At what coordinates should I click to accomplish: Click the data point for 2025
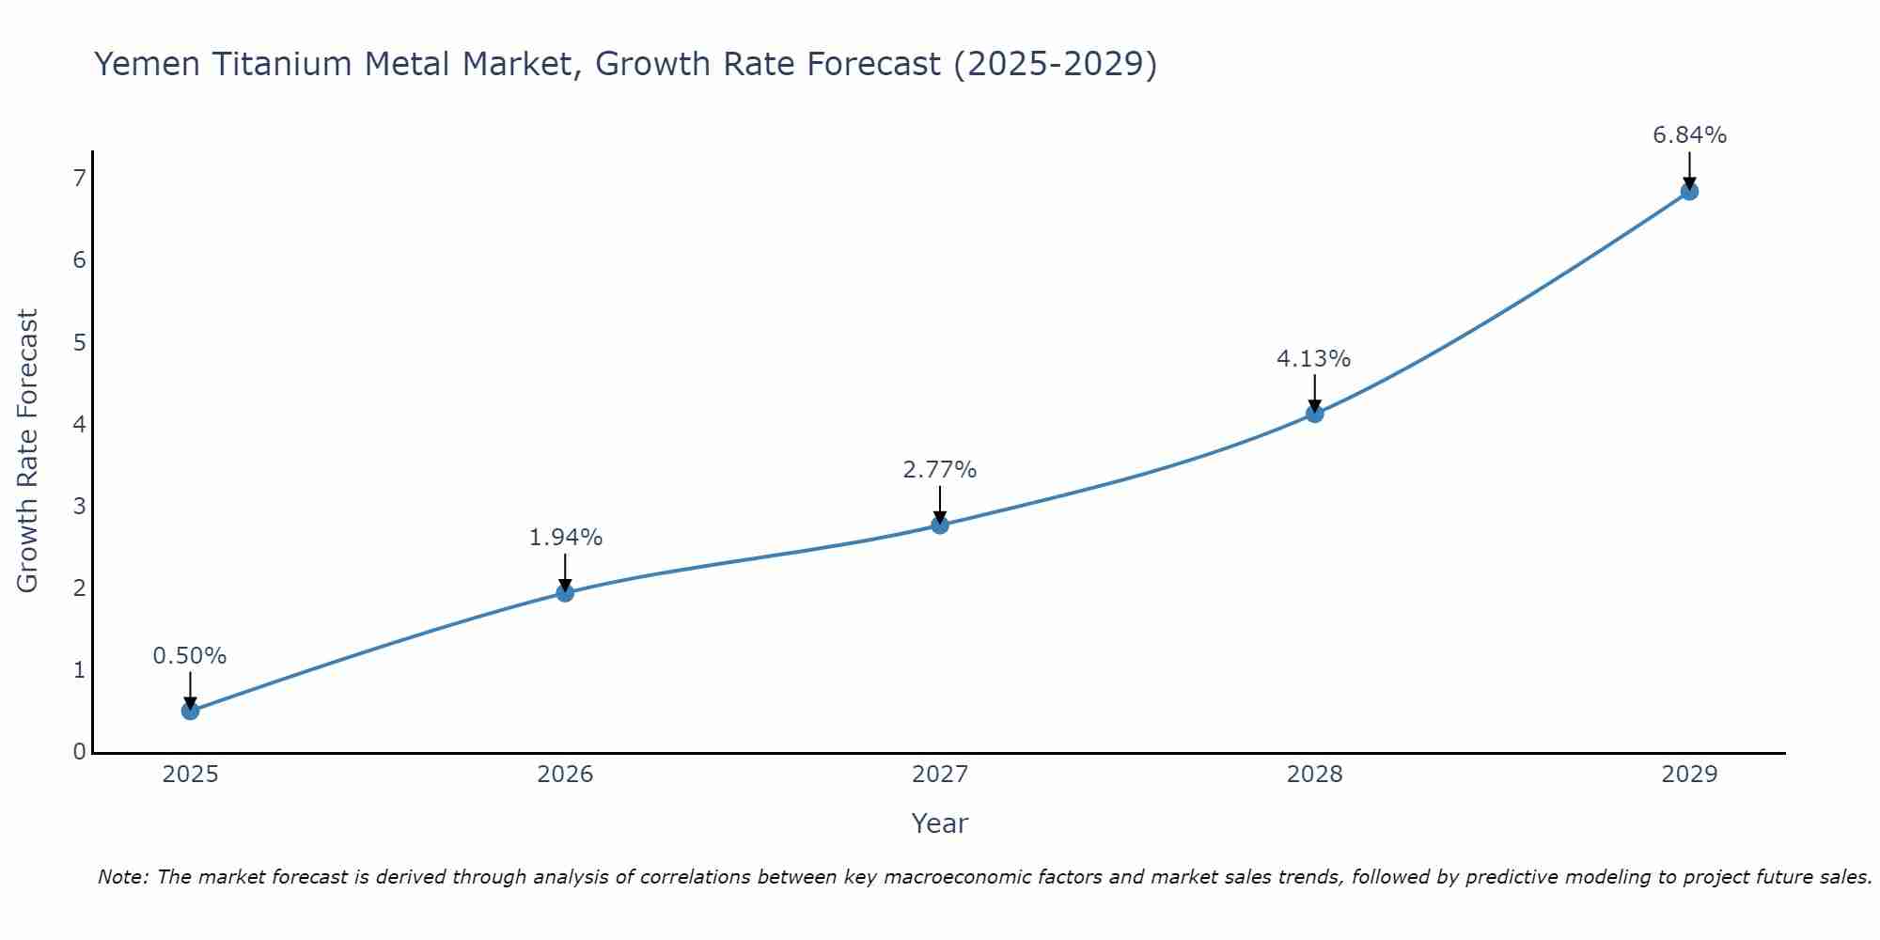pyautogui.click(x=190, y=711)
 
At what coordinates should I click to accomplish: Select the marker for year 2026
pyautogui.click(x=565, y=592)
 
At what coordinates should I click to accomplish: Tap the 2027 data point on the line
pyautogui.click(x=940, y=525)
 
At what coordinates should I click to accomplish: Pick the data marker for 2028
pyautogui.click(x=1314, y=414)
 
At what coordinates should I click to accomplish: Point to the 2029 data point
pyautogui.click(x=1689, y=192)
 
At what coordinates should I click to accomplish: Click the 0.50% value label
pyautogui.click(x=190, y=656)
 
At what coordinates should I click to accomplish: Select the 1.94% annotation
pyautogui.click(x=565, y=538)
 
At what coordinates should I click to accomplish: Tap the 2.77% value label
pyautogui.click(x=940, y=470)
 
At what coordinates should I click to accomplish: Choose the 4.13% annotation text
pyautogui.click(x=1313, y=359)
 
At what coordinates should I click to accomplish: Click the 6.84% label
pyautogui.click(x=1689, y=135)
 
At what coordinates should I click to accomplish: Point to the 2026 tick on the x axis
pyautogui.click(x=565, y=775)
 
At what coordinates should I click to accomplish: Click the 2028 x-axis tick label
pyautogui.click(x=1314, y=775)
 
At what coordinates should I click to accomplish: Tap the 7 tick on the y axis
pyautogui.click(x=79, y=178)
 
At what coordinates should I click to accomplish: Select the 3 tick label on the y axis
pyautogui.click(x=79, y=506)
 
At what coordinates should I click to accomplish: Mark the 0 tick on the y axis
pyautogui.click(x=79, y=752)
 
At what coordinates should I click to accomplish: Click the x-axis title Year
pyautogui.click(x=939, y=823)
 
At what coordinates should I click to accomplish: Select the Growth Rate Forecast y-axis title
pyautogui.click(x=28, y=451)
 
